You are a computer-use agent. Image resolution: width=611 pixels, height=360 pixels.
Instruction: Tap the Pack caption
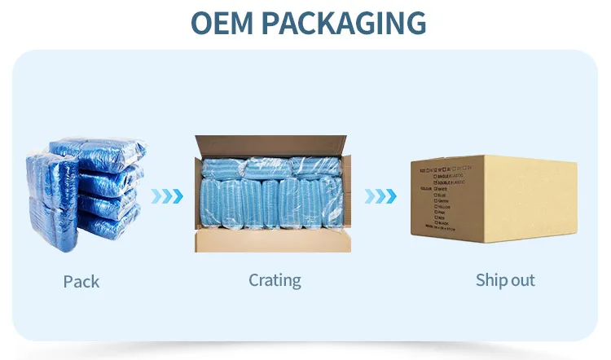(x=81, y=282)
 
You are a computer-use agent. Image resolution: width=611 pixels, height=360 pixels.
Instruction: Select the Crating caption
(x=275, y=280)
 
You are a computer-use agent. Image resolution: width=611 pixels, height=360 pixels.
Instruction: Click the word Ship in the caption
(x=492, y=280)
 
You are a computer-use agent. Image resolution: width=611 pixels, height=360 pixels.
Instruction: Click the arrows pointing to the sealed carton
(x=380, y=195)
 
